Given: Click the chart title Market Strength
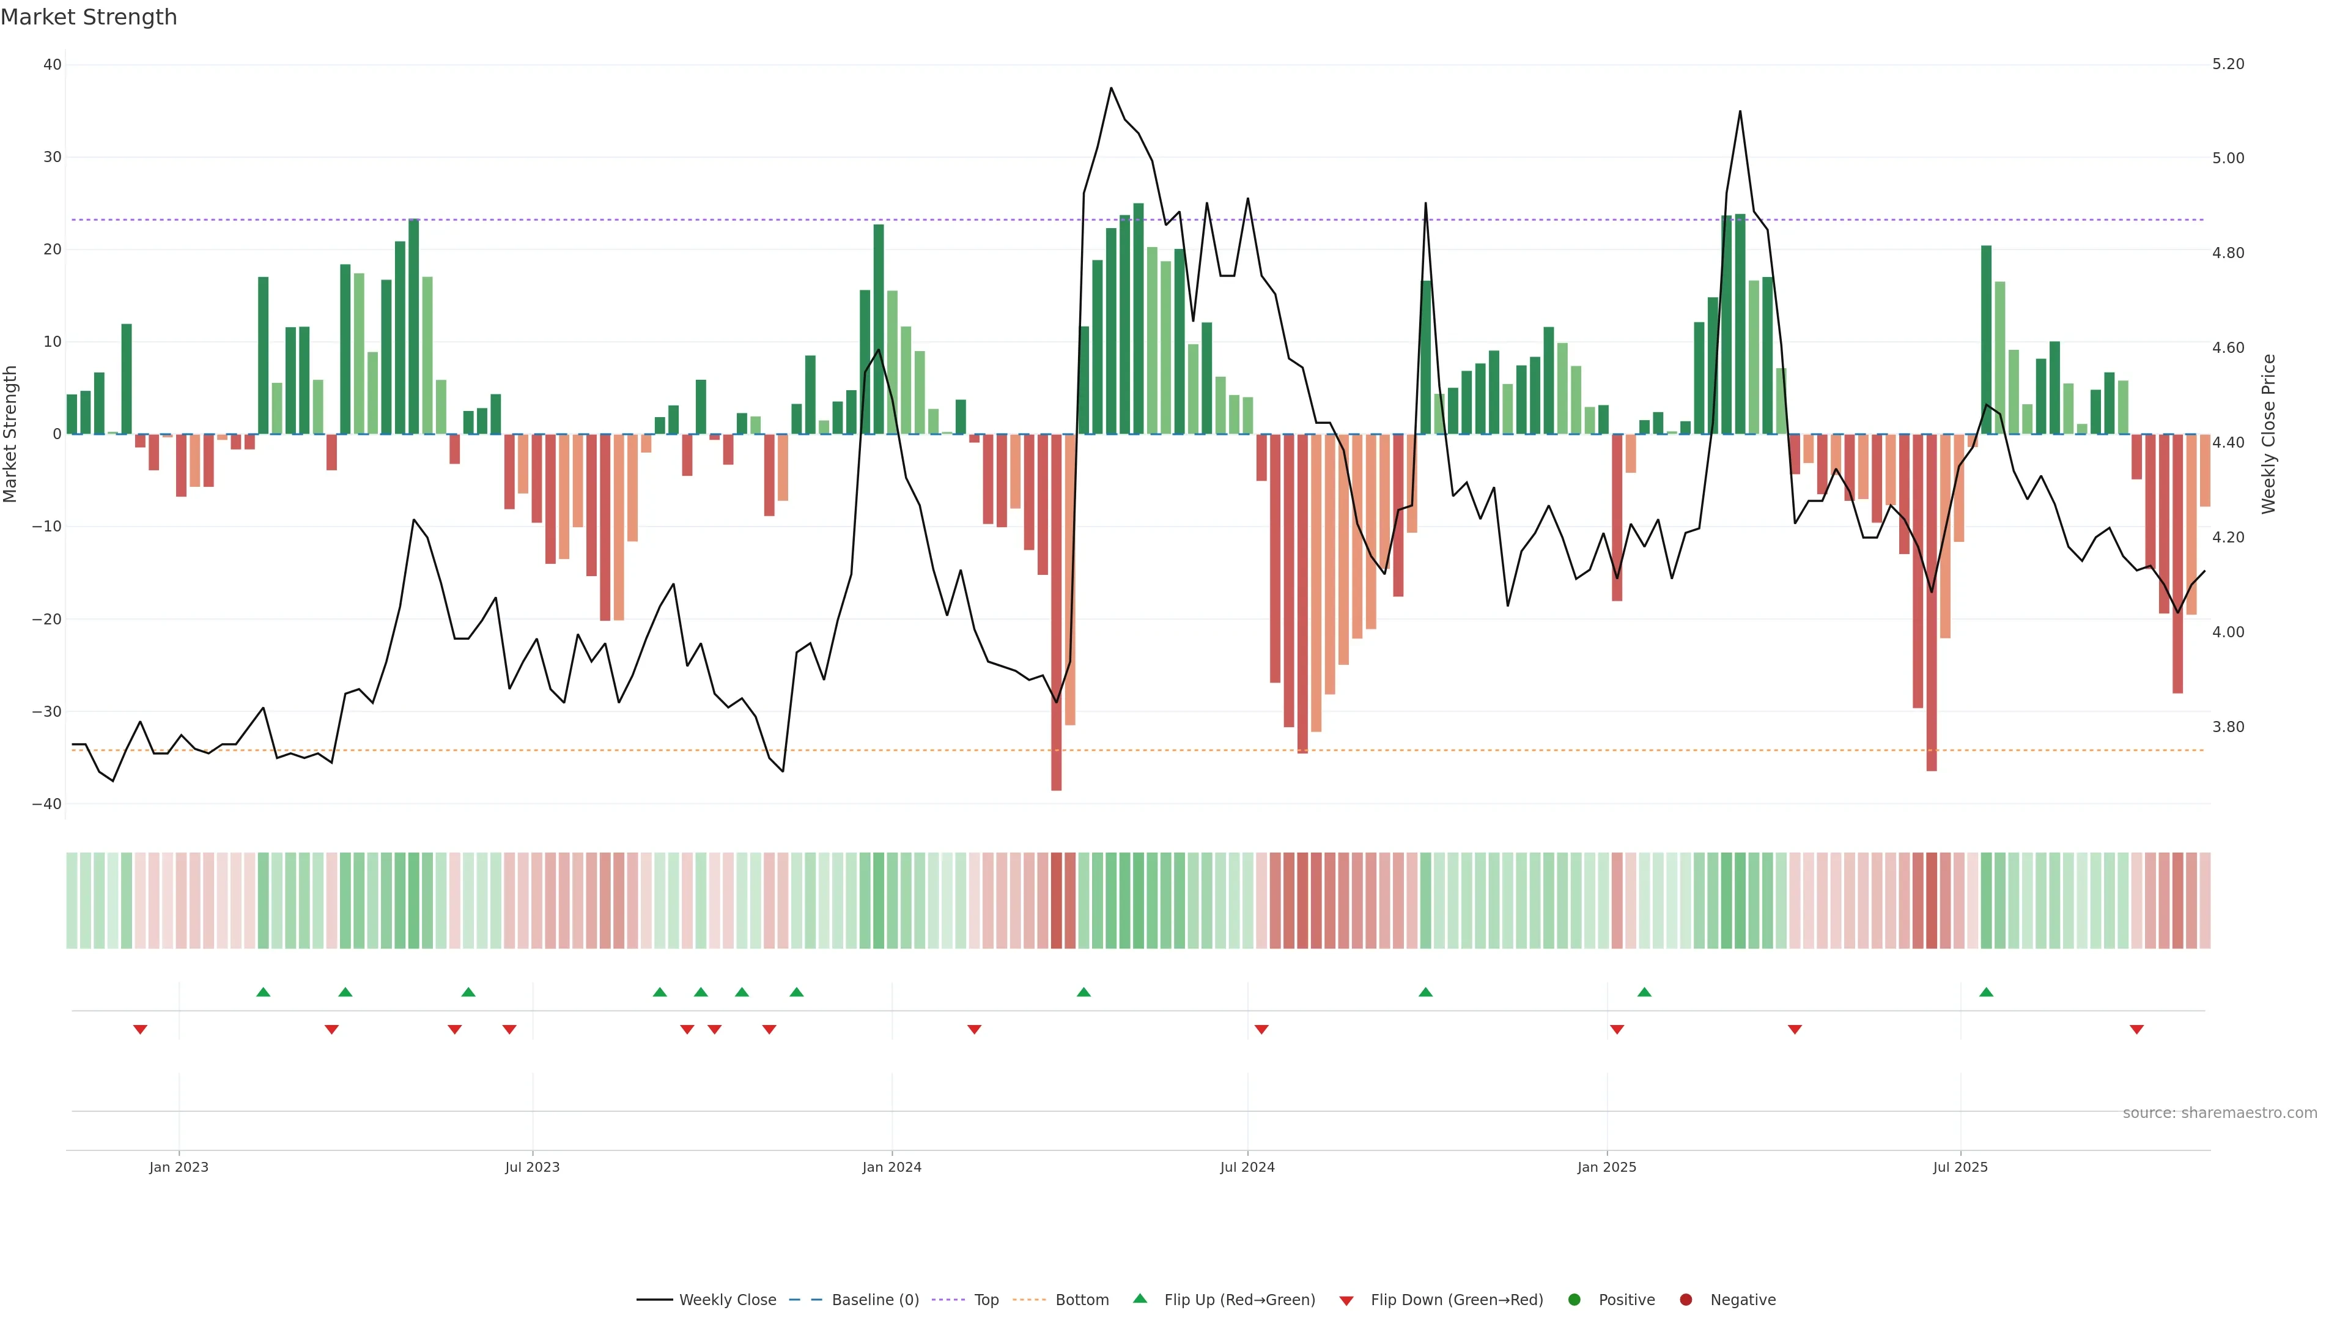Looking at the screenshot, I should pos(89,17).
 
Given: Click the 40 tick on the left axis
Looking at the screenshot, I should pos(52,65).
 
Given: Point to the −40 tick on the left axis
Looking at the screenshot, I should pos(46,804).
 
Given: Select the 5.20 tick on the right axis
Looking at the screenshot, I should pos(2228,64).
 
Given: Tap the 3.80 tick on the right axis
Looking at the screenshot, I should pos(2228,727).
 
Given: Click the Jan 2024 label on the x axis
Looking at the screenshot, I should pos(892,1167).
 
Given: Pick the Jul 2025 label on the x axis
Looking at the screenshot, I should pos(1960,1167).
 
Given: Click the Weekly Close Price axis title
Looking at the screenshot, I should pos(2269,434).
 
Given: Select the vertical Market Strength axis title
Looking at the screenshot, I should pos(11,434).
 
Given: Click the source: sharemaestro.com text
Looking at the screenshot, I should pos(2220,1113).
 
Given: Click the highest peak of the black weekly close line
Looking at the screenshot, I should pos(1111,89).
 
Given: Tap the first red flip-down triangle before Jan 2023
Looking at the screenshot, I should pos(141,1029).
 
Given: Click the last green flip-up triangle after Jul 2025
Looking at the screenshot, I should pos(1986,992).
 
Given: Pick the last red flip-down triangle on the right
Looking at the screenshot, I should pos(2136,1029).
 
